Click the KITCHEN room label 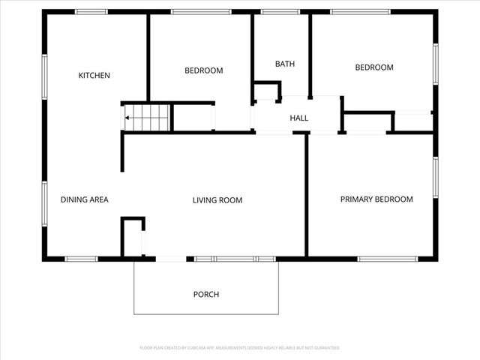point(95,76)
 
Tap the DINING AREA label point(85,199)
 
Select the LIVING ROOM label point(217,200)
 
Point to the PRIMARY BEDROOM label point(376,199)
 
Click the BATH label point(285,64)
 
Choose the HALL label point(299,118)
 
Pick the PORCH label point(206,295)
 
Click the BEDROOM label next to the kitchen point(204,71)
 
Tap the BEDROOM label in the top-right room point(374,67)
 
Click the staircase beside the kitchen point(148,118)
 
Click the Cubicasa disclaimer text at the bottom point(240,348)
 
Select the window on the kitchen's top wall point(91,12)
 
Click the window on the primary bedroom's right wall point(435,178)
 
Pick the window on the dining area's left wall point(44,205)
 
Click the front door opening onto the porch point(170,259)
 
